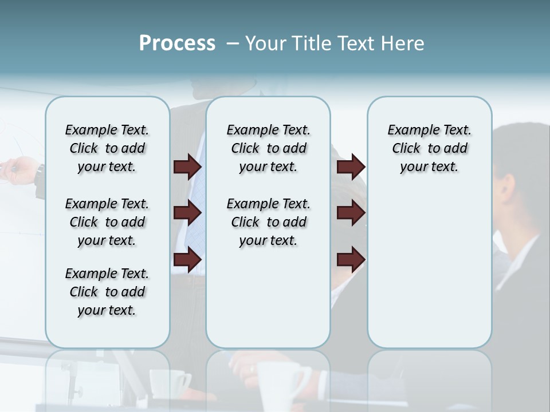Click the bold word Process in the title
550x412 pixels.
click(177, 43)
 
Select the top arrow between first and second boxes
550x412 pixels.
click(187, 167)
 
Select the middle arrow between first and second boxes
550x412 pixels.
click(187, 213)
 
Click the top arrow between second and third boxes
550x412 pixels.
click(351, 167)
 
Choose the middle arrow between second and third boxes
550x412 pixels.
click(351, 213)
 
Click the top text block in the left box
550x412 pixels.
click(107, 148)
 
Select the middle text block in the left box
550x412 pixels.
click(107, 222)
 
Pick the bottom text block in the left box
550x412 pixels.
click(107, 292)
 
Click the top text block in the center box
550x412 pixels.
click(269, 148)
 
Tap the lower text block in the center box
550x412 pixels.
click(269, 222)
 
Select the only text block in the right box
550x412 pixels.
click(430, 148)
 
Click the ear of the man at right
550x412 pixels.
click(505, 187)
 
